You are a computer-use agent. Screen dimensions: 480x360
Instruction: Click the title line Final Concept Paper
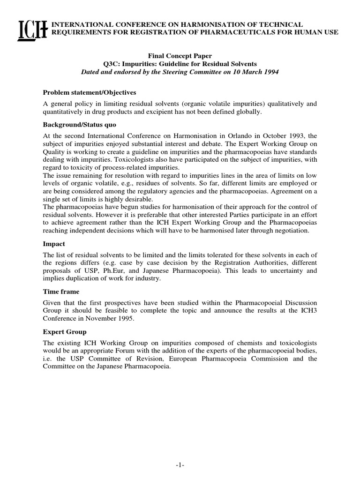(180, 55)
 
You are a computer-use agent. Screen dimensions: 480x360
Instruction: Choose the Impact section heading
(54, 244)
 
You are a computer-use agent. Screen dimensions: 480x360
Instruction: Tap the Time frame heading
(60, 291)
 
